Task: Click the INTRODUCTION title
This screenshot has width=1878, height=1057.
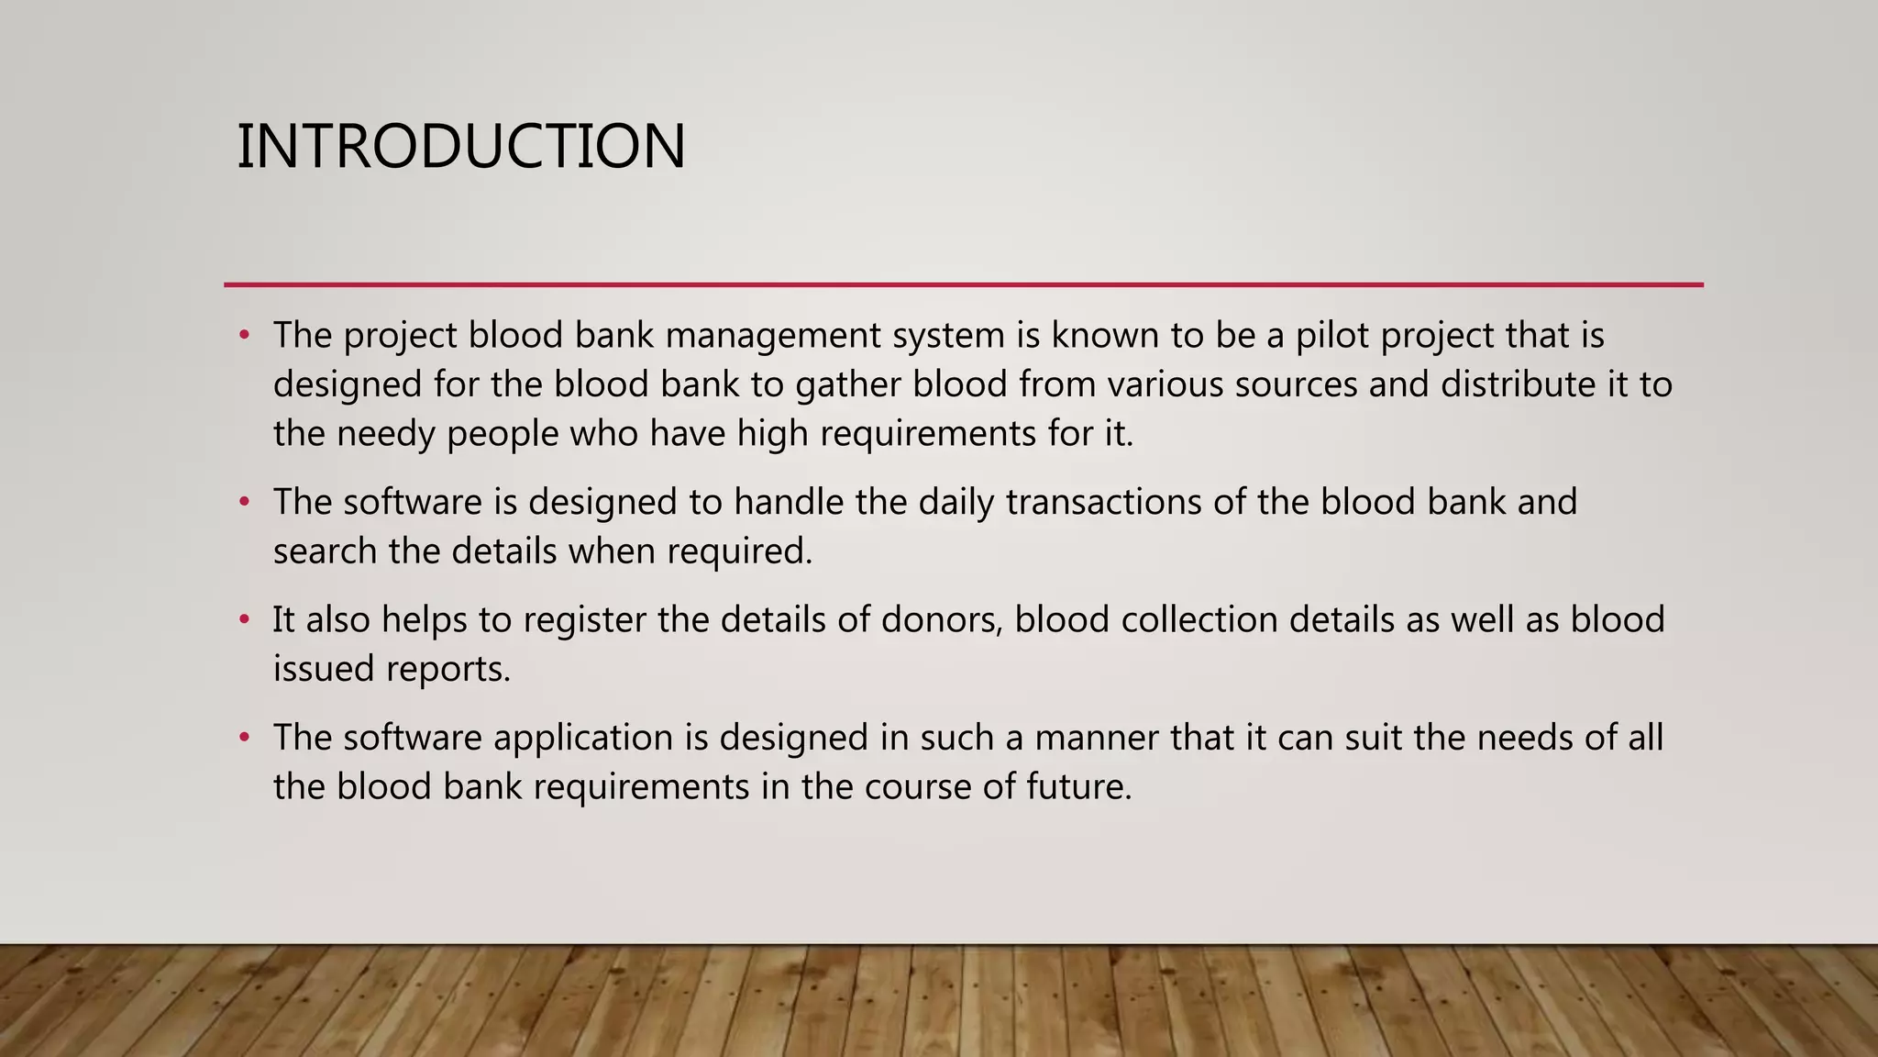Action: click(x=460, y=147)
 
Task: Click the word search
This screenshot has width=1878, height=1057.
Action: click(x=325, y=551)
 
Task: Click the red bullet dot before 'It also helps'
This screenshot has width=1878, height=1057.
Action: click(x=244, y=620)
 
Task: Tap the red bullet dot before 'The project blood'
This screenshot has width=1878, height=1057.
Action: click(x=244, y=336)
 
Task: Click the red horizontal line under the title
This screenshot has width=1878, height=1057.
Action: click(x=963, y=284)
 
